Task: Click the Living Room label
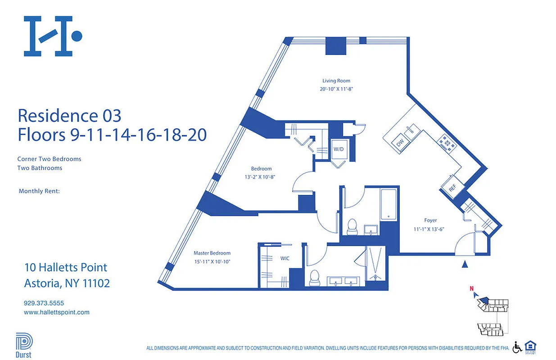(x=336, y=81)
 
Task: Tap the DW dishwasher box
(x=400, y=143)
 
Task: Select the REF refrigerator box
(x=452, y=189)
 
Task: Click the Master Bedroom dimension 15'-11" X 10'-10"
(x=212, y=261)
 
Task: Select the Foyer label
(x=430, y=220)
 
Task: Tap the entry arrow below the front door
(x=465, y=264)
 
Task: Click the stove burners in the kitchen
(x=448, y=144)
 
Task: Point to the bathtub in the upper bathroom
(x=388, y=205)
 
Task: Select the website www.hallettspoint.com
(x=56, y=312)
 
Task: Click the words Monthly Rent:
(x=39, y=191)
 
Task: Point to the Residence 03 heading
(x=69, y=116)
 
